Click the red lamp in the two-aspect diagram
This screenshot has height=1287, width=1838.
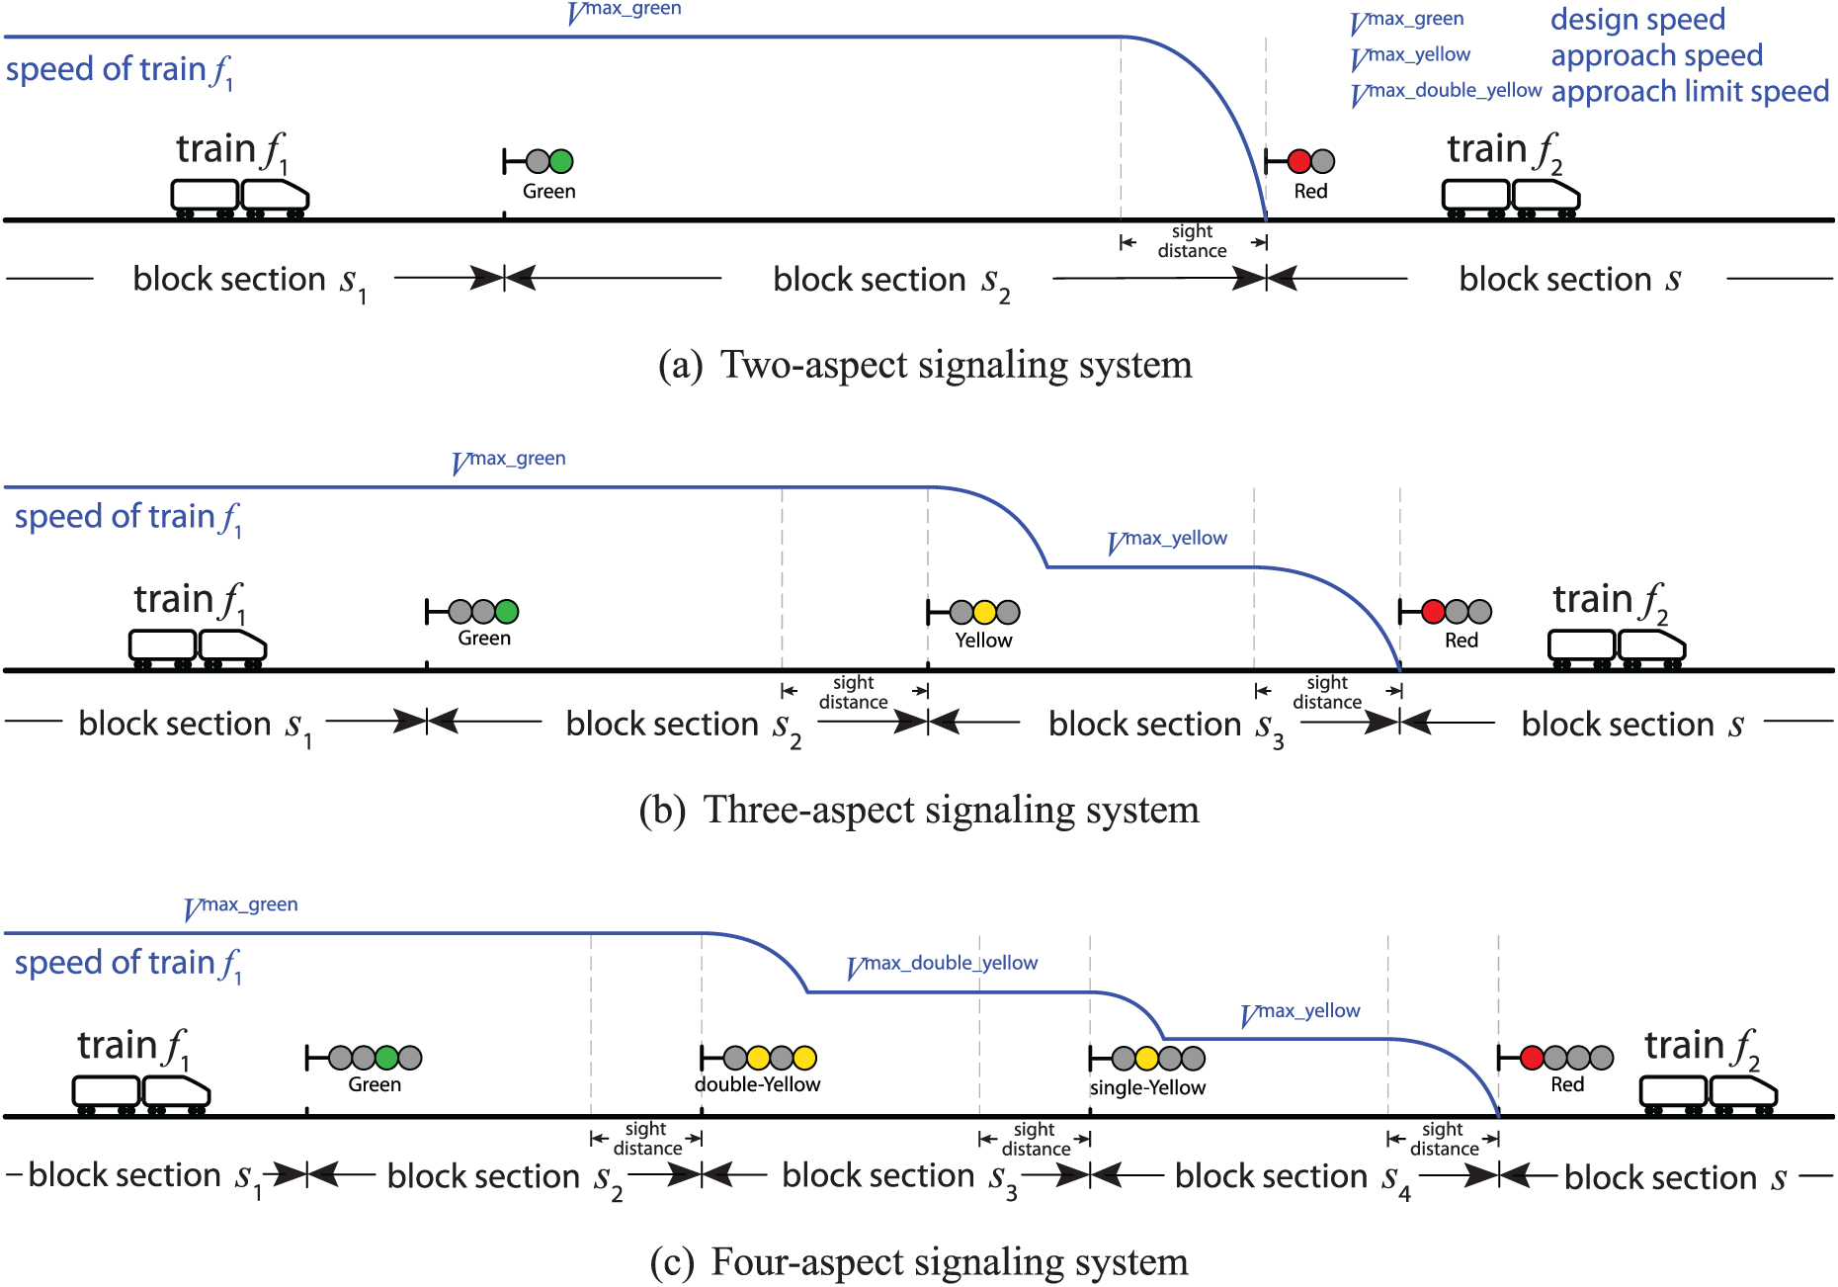pos(1299,161)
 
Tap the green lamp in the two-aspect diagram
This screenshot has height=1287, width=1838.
pos(561,161)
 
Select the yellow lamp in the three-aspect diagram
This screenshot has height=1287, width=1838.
pos(984,612)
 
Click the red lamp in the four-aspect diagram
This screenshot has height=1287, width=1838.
pos(1533,1058)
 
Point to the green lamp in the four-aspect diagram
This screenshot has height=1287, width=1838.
pos(386,1058)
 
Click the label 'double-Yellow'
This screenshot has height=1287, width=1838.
pos(757,1084)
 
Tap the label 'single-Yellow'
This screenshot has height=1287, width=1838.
pos(1147,1087)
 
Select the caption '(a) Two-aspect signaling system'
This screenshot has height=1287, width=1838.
pos(925,365)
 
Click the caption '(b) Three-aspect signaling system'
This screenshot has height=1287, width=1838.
pos(919,810)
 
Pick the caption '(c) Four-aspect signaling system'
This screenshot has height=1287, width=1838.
pos(919,1262)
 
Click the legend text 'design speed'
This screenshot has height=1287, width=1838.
pos(1637,20)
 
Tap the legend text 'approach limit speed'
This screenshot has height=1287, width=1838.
pos(1690,91)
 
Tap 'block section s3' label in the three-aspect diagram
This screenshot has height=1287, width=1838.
pos(1166,727)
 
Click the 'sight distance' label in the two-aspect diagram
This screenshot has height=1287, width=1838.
pos(1193,241)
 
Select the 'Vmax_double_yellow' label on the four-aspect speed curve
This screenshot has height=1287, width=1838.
pos(943,965)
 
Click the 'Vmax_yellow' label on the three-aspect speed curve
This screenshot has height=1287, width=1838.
pos(1167,541)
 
